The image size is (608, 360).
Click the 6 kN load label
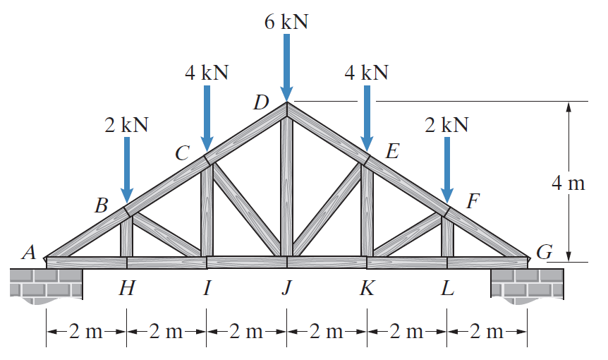click(286, 21)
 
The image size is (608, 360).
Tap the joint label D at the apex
click(262, 103)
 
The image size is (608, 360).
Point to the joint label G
click(543, 253)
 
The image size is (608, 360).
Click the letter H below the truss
click(127, 289)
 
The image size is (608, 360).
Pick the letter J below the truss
click(286, 289)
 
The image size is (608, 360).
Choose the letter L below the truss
click(447, 289)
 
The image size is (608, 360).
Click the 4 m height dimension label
click(569, 184)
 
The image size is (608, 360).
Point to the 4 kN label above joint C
click(207, 72)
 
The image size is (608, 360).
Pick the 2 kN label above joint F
click(446, 125)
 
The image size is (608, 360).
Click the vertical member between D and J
click(286, 187)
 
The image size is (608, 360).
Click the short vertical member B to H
click(127, 236)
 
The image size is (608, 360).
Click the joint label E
click(392, 151)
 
